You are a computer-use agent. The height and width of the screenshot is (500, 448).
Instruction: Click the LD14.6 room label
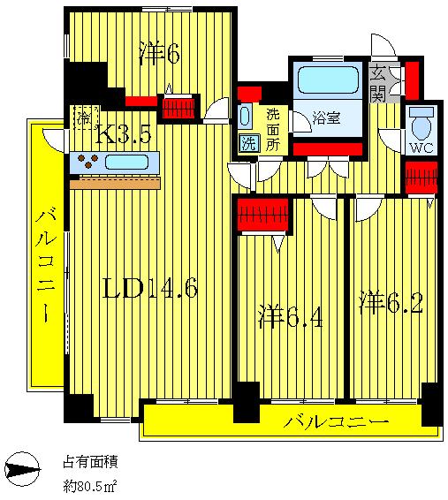pyautogui.click(x=150, y=288)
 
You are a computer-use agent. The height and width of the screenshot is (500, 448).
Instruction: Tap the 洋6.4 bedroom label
pyautogui.click(x=290, y=316)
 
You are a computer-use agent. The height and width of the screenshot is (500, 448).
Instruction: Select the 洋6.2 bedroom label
pyautogui.click(x=391, y=302)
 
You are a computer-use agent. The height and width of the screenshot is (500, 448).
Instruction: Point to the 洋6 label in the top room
pyautogui.click(x=160, y=54)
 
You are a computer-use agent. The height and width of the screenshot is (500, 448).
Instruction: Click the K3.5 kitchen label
pyautogui.click(x=123, y=133)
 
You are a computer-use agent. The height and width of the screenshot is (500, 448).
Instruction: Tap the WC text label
pyautogui.click(x=421, y=148)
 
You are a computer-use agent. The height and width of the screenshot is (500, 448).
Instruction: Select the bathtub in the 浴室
pyautogui.click(x=328, y=80)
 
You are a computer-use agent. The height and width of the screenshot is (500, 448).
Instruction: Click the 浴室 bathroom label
pyautogui.click(x=326, y=118)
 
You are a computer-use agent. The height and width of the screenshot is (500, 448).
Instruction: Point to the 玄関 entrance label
pyautogui.click(x=378, y=84)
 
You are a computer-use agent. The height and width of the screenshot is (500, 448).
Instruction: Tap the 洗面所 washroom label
pyautogui.click(x=273, y=130)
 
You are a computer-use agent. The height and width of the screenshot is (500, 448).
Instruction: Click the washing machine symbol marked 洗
pyautogui.click(x=248, y=142)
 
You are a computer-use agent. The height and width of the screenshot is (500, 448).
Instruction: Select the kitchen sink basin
pyautogui.click(x=126, y=162)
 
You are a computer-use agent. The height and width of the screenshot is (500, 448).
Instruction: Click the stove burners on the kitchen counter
pyautogui.click(x=88, y=161)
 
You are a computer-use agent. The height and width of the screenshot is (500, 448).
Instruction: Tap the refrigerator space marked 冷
pyautogui.click(x=86, y=117)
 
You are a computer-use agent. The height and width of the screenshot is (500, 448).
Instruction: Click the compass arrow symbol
pyautogui.click(x=23, y=469)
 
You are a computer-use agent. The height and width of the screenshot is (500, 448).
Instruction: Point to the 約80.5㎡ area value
pyautogui.click(x=89, y=486)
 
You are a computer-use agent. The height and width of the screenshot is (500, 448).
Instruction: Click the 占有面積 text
pyautogui.click(x=90, y=461)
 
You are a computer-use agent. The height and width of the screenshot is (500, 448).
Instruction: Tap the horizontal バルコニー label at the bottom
pyautogui.click(x=336, y=421)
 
